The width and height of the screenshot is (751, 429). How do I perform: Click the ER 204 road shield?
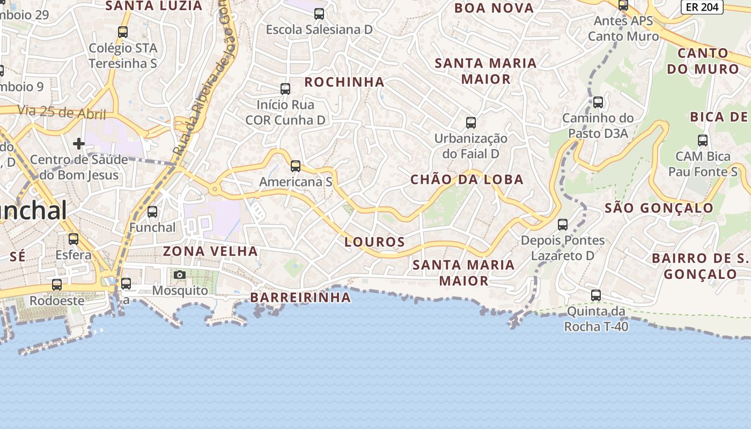pos(702,7)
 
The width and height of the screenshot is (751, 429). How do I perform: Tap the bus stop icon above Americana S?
pos(296,166)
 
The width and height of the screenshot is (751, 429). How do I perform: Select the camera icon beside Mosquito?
pos(180,275)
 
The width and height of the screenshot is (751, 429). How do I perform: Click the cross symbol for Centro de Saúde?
pos(79,144)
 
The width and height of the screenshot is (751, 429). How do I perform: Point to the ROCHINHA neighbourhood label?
pos(344,82)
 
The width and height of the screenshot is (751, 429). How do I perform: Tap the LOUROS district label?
pos(374,242)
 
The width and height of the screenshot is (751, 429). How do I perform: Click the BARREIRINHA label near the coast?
pos(300,297)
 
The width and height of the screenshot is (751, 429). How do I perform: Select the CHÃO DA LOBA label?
pos(467,180)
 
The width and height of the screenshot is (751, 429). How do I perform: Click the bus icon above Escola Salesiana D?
pos(319,14)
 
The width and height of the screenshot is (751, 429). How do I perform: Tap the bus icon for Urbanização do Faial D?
pos(471,123)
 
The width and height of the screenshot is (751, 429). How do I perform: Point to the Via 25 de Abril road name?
pos(61,113)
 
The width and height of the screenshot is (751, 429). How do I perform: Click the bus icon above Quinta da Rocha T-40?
pos(596,295)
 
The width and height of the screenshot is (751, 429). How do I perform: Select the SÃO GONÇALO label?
pos(659,208)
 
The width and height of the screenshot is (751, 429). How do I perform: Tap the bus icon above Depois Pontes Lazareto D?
pos(563,225)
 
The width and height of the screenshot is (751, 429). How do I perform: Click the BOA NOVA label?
pos(494,8)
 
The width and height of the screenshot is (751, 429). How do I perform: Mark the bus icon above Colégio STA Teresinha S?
pos(123,32)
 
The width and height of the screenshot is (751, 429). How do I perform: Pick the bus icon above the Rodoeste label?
pos(57,285)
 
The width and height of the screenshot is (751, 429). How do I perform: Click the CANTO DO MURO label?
pos(703,61)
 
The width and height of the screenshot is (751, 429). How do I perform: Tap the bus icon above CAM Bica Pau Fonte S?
pos(703,140)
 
